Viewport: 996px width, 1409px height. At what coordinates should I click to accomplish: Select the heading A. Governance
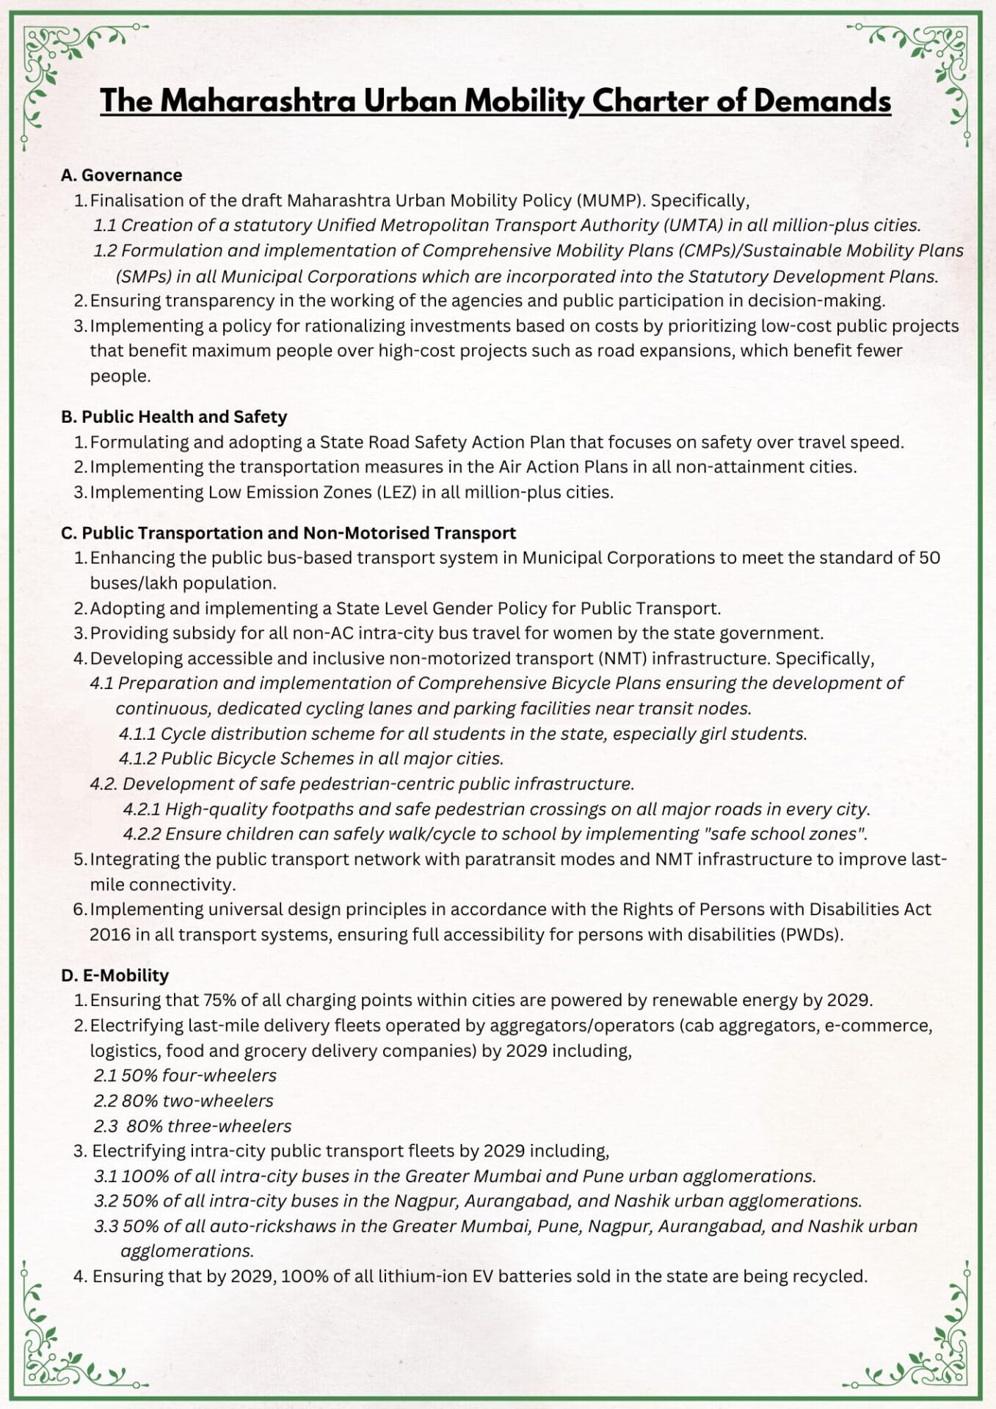point(121,175)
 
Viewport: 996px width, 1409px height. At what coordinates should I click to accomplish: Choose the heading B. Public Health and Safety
point(174,417)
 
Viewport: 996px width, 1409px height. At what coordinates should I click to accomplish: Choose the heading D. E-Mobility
point(115,976)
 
